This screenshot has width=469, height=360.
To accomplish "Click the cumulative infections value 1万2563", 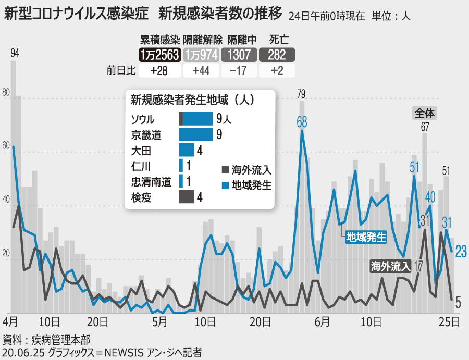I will coord(159,55).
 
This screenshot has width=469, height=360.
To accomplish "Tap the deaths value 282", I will coord(277,55).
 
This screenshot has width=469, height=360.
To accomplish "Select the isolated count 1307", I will coord(239,55).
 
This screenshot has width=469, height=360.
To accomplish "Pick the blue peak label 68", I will coord(302,122).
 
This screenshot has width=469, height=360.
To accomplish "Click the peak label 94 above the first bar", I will coord(15,53).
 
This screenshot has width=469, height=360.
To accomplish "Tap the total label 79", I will coord(301,94).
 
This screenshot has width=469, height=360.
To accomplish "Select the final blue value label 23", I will coord(460,251).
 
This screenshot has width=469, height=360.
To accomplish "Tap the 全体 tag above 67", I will coord(425,112).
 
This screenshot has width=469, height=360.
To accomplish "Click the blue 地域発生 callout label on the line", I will coord(366,238).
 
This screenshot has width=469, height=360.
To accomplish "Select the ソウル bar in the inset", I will coord(195,119).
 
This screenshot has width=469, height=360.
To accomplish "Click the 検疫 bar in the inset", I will coord(186,197).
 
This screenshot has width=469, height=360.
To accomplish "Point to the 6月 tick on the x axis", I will coord(322,321).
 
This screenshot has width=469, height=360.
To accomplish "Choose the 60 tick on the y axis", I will coord(6,147).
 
